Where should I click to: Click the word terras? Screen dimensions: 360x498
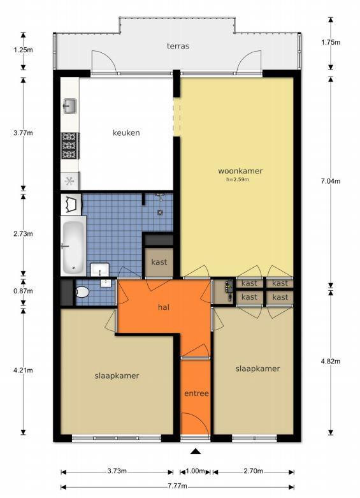tap(178, 46)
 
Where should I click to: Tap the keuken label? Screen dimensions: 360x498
tap(126, 133)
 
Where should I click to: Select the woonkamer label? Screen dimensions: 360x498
tap(240, 171)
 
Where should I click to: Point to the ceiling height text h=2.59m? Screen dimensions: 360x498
tap(238, 179)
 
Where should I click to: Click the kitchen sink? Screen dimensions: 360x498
tap(69, 106)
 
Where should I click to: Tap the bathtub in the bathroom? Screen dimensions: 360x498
tap(73, 246)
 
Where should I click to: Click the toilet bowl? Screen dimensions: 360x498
tap(82, 292)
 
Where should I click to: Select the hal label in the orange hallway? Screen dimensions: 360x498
tap(164, 307)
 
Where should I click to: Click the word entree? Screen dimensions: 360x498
tap(196, 393)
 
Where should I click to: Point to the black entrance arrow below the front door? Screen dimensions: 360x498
tap(196, 451)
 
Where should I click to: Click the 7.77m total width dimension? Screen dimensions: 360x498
tap(177, 487)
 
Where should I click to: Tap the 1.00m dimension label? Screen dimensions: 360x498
tap(195, 471)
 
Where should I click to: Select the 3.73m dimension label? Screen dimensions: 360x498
tap(117, 471)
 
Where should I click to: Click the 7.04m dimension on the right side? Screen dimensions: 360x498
tap(331, 181)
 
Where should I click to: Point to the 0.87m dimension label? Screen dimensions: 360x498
tap(23, 291)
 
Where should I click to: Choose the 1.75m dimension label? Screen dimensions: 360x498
tap(331, 42)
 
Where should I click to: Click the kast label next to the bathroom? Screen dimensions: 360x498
tap(159, 262)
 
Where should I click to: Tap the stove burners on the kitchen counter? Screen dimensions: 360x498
tap(69, 146)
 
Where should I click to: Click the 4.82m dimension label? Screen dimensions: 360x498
tap(331, 362)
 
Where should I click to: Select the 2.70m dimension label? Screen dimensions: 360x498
tap(253, 471)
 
